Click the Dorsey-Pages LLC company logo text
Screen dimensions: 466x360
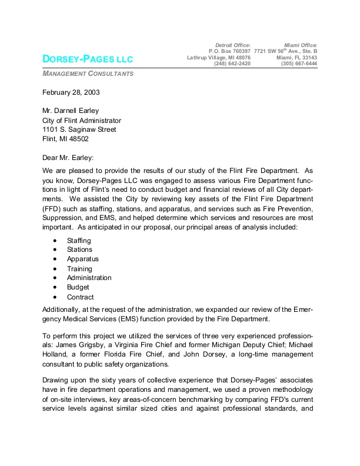point(88,59)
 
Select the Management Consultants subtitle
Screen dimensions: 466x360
point(88,74)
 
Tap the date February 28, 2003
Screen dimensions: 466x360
point(71,92)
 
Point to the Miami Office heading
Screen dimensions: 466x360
point(300,45)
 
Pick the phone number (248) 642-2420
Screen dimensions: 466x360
point(232,64)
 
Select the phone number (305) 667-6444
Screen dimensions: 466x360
point(299,64)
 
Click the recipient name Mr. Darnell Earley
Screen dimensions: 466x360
point(71,111)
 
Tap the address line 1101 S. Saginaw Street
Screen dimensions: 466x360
point(79,129)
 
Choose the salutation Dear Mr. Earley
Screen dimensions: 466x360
point(68,157)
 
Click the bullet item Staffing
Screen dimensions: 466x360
point(79,241)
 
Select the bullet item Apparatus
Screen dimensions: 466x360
point(82,259)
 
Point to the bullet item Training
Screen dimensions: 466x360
point(79,268)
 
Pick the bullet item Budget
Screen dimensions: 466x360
point(78,287)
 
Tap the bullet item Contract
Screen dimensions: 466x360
point(80,297)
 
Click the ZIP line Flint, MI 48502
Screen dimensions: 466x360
point(66,139)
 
